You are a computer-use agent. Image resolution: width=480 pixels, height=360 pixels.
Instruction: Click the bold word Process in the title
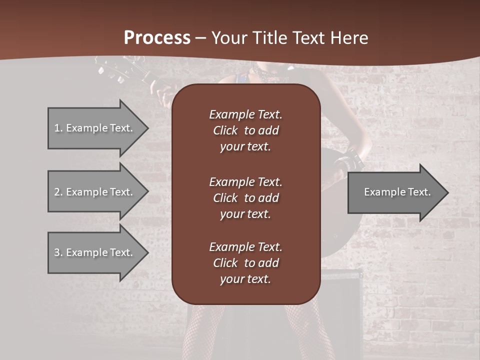157,37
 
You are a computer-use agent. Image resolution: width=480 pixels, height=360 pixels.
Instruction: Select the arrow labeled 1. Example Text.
95,128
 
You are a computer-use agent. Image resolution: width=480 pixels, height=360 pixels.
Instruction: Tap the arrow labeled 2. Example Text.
95,192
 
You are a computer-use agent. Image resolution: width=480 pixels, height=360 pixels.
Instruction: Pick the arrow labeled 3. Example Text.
95,252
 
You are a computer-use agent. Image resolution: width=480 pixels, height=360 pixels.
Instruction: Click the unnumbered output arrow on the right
395,192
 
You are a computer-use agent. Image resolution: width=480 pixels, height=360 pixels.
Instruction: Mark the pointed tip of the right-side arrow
447,192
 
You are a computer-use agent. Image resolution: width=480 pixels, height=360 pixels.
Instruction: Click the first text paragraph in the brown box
245,130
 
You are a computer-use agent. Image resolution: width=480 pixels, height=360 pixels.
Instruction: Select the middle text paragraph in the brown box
245,198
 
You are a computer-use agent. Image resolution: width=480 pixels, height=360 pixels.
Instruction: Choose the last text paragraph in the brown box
245,263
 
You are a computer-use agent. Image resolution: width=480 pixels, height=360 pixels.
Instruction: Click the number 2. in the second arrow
58,192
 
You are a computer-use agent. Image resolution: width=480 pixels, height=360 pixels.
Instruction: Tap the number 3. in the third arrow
58,252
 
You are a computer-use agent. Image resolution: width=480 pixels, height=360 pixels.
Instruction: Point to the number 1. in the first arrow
58,128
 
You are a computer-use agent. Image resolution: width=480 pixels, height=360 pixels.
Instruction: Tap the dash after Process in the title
200,38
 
